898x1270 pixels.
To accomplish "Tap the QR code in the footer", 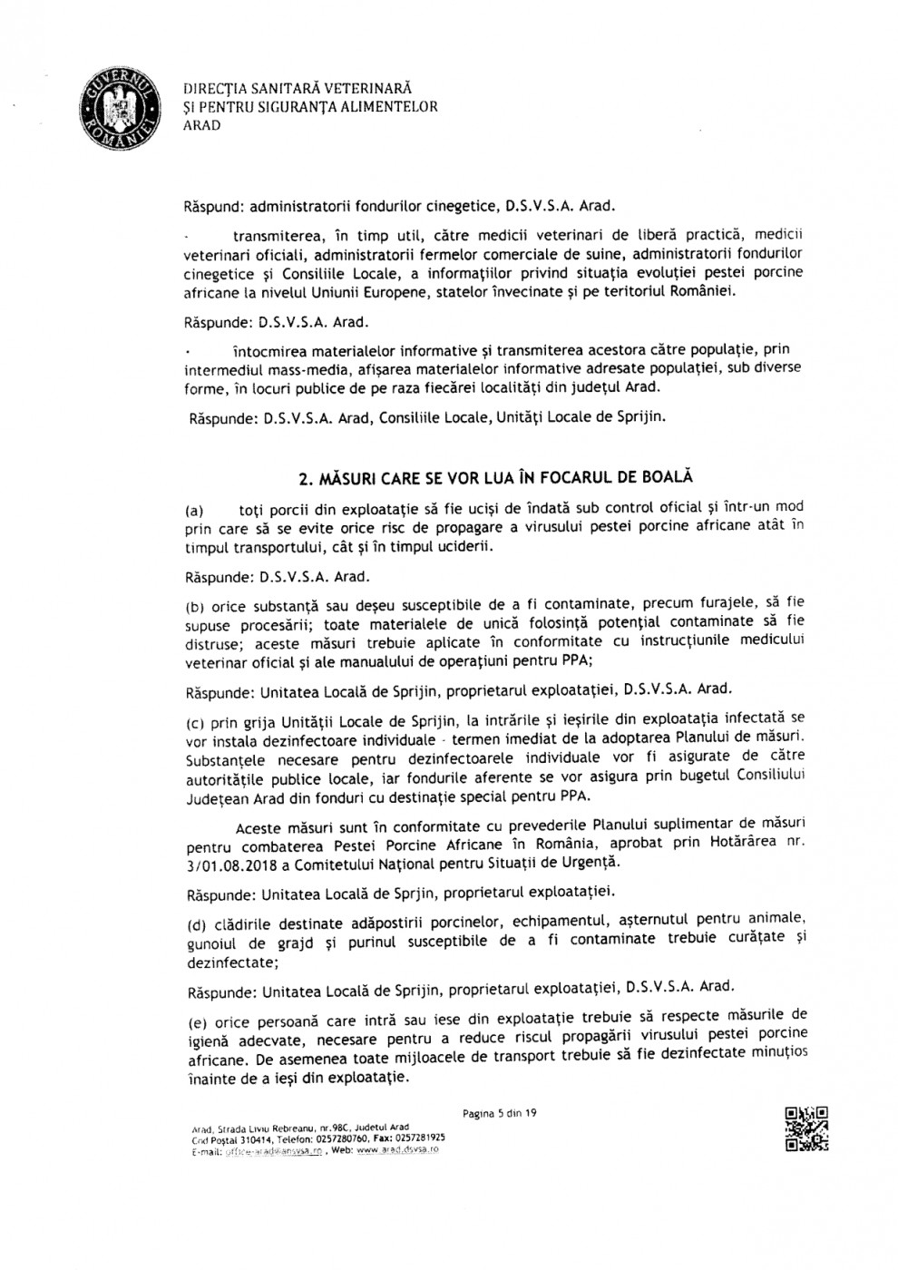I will click(x=805, y=1128).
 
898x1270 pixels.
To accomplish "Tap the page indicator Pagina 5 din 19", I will click(x=500, y=1112).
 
